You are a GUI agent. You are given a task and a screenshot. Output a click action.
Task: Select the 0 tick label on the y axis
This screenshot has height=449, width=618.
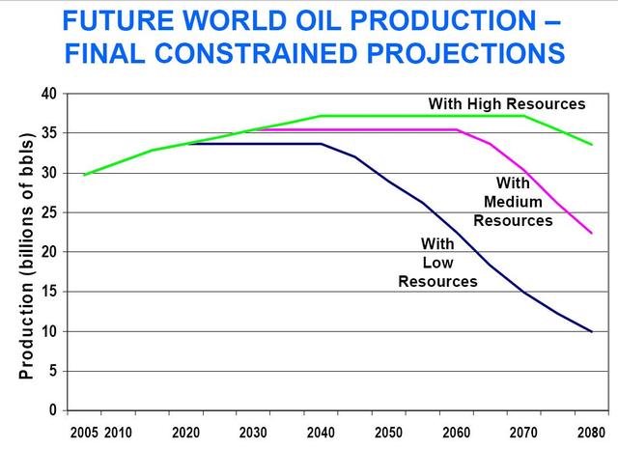(54, 410)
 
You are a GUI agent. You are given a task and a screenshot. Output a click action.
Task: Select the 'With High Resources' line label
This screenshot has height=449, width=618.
(507, 103)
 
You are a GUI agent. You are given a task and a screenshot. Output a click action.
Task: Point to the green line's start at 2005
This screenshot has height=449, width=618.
(84, 175)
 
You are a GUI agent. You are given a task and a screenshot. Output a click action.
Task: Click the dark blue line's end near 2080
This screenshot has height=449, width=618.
(591, 331)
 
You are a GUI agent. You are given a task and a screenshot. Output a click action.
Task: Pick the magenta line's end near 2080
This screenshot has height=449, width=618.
(591, 233)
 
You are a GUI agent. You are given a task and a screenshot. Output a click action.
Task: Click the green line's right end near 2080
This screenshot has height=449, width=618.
(591, 144)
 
